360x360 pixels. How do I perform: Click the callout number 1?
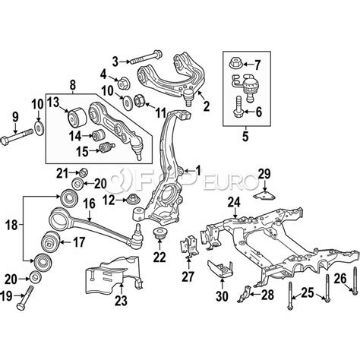[x=200, y=169]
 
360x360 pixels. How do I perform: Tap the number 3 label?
[x=115, y=59]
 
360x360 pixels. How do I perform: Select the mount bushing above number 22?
[x=159, y=233]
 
